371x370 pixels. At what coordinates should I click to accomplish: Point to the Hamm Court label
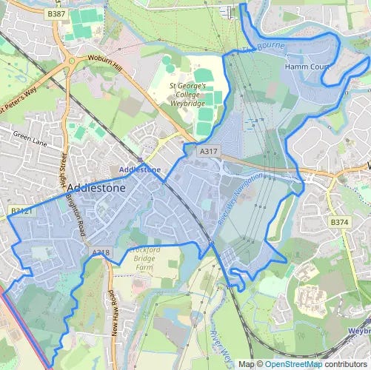coord(306,67)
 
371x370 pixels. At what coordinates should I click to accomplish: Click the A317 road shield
coord(209,151)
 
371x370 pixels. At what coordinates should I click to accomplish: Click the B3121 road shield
coord(21,211)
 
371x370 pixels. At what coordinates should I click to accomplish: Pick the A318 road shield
coord(101,253)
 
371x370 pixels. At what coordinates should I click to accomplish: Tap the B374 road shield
coord(339,222)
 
